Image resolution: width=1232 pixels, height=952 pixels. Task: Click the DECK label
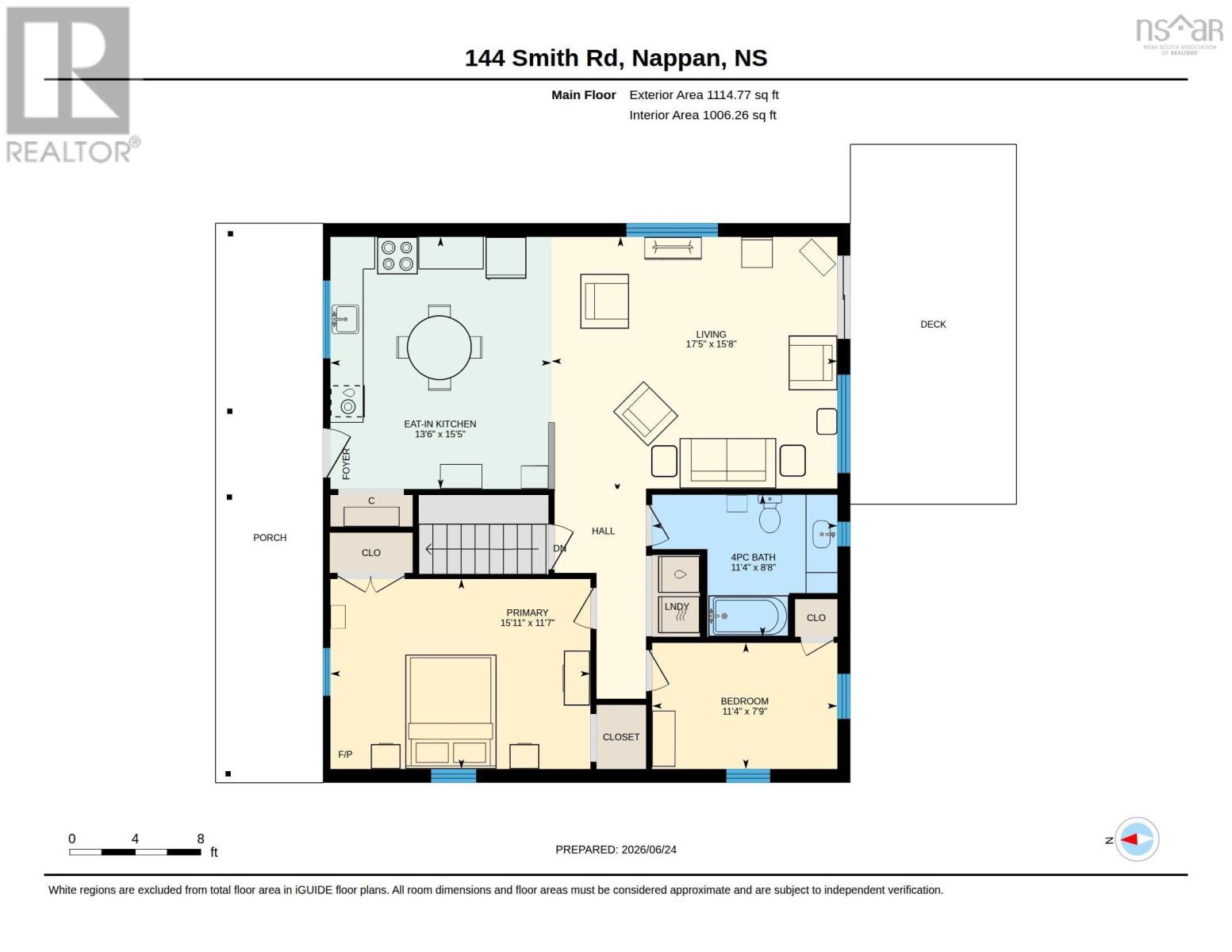tap(933, 324)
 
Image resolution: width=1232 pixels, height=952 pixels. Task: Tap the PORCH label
tap(270, 538)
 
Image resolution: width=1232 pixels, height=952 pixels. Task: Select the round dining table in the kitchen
tap(439, 347)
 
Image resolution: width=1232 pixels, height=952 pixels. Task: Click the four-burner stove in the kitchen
tap(397, 255)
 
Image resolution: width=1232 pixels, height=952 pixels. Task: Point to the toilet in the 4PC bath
tap(770, 514)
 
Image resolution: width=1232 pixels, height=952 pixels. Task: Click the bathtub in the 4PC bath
tap(748, 616)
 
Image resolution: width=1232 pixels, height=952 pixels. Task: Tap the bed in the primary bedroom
tap(451, 712)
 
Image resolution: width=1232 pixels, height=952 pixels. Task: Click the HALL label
tap(603, 532)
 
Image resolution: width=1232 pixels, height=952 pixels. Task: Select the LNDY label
tap(677, 607)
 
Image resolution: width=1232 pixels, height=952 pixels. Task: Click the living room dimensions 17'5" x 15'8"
tap(711, 344)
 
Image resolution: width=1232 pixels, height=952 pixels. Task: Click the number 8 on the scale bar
tap(201, 839)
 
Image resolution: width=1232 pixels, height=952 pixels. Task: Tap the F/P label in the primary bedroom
tap(345, 754)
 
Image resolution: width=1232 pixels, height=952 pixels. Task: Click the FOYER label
tap(347, 464)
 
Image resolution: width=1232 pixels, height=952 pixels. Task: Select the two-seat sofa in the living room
tap(727, 463)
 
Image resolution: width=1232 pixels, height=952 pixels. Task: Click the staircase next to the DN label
tap(482, 549)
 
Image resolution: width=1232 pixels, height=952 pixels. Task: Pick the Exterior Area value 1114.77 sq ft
tap(743, 95)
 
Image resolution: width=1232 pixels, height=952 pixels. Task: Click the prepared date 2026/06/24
tap(649, 850)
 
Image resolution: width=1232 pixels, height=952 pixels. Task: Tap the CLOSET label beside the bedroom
tap(621, 737)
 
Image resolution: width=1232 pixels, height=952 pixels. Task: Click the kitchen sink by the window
tap(345, 319)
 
